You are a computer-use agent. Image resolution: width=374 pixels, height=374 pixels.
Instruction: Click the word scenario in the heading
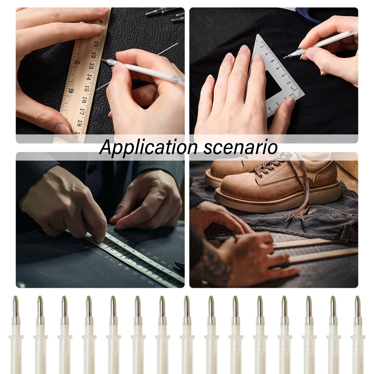[x=240, y=148]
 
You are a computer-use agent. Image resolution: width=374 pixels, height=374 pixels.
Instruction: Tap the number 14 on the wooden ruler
[x=89, y=77]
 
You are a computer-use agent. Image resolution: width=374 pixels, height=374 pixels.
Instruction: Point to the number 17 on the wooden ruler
[x=82, y=111]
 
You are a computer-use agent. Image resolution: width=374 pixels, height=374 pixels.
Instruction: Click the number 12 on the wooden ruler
[x=94, y=55]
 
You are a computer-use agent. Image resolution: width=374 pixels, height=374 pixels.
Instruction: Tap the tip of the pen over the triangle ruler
[x=284, y=57]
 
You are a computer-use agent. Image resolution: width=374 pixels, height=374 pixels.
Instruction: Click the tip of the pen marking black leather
[x=103, y=60]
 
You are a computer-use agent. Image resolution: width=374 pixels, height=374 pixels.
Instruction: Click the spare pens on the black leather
[x=165, y=14]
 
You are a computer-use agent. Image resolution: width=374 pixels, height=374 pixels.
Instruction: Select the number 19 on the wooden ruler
[x=77, y=135]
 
